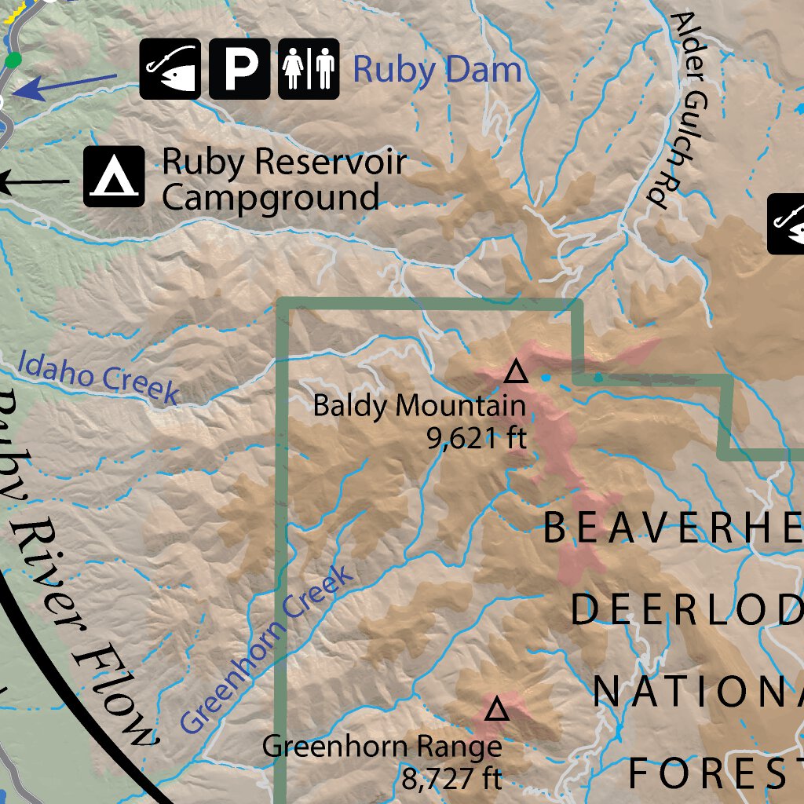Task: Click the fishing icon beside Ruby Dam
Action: (170, 69)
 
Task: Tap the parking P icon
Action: (239, 69)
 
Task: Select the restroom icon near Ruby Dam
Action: (308, 69)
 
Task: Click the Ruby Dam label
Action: (437, 69)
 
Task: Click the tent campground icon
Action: (114, 177)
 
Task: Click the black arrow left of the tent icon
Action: (31, 183)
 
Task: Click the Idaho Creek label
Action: (97, 378)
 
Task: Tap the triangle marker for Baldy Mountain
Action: (515, 370)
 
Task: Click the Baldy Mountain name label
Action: (418, 406)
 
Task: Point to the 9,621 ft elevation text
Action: (476, 437)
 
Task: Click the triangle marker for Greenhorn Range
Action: (495, 711)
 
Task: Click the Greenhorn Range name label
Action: (382, 746)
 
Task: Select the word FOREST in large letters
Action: (714, 773)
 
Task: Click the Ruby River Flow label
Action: (79, 565)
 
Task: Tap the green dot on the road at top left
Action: (13, 60)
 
